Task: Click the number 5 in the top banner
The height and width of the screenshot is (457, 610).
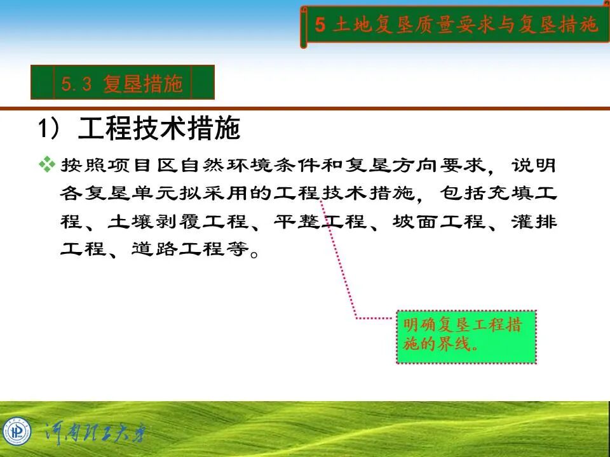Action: [320, 25]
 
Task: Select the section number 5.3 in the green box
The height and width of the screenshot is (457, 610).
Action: [78, 83]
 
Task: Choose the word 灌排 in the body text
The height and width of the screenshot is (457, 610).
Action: [534, 222]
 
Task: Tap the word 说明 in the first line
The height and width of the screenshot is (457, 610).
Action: [534, 166]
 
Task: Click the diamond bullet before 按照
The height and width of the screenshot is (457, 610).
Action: [47, 165]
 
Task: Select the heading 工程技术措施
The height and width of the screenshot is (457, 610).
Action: [159, 128]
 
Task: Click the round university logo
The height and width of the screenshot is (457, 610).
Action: [17, 432]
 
